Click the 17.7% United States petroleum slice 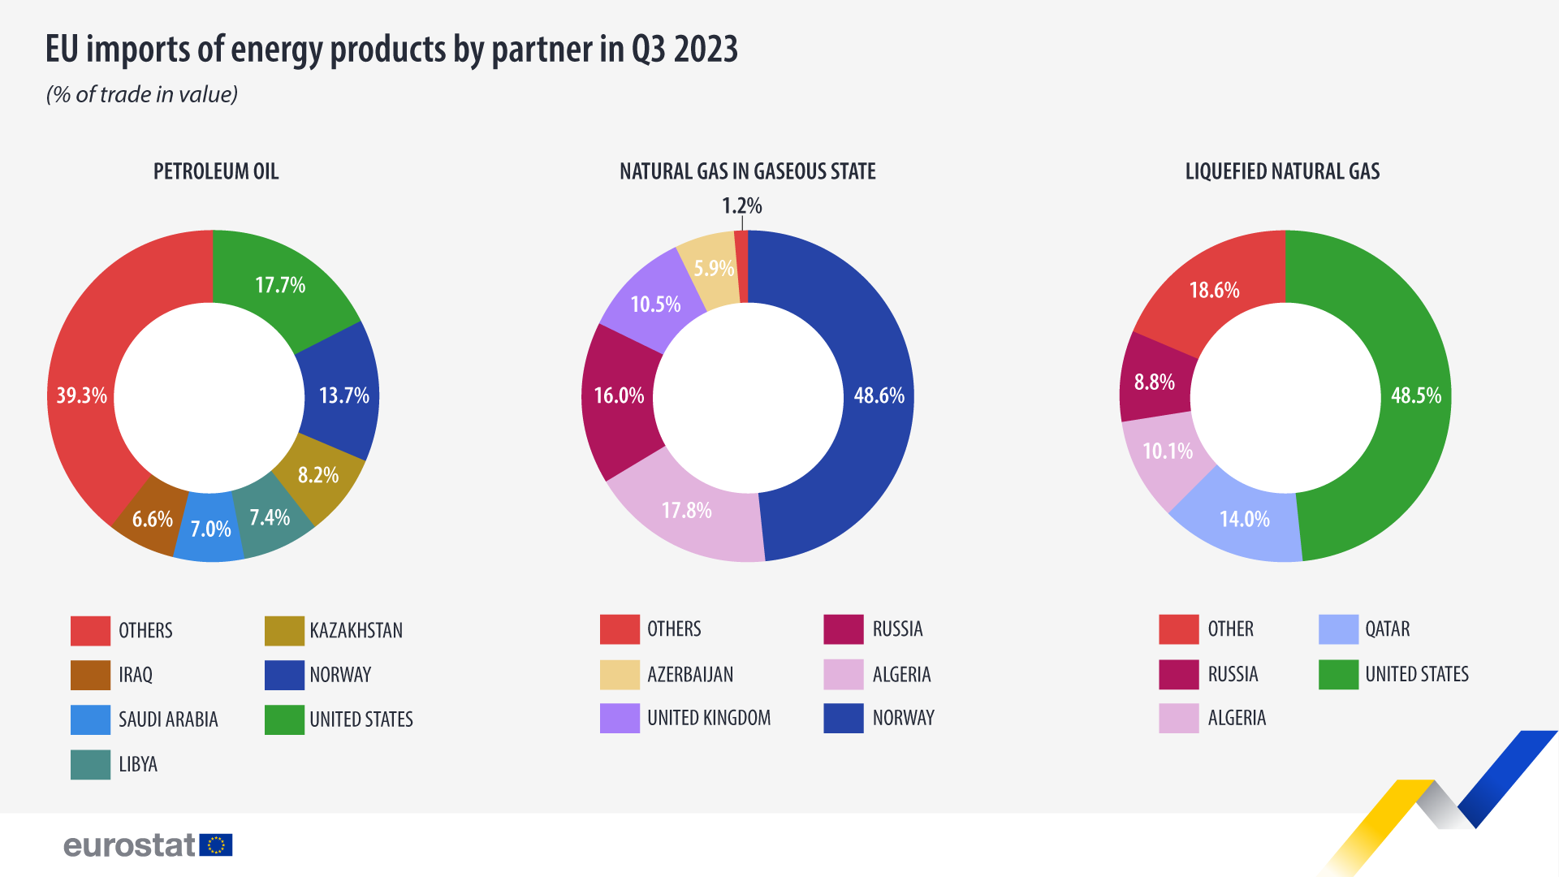[x=280, y=285]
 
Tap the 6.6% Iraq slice [x=152, y=520]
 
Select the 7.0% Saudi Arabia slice [x=210, y=529]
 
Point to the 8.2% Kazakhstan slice [x=318, y=475]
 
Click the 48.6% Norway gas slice [x=879, y=395]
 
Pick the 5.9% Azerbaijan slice [x=713, y=269]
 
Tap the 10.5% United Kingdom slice [x=655, y=305]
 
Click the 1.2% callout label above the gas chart [x=742, y=206]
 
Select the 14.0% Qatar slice [x=1244, y=520]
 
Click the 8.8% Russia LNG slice [x=1154, y=382]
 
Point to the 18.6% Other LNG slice [x=1214, y=290]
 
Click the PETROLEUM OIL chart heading [x=216, y=171]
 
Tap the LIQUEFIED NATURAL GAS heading [x=1282, y=171]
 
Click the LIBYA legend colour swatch [x=90, y=764]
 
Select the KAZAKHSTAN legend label [x=356, y=631]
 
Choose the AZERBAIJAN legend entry [x=690, y=675]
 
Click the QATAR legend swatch [x=1338, y=629]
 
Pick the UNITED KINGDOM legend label [x=709, y=719]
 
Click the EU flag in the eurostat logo [x=216, y=845]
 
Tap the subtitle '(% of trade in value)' [x=142, y=95]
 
